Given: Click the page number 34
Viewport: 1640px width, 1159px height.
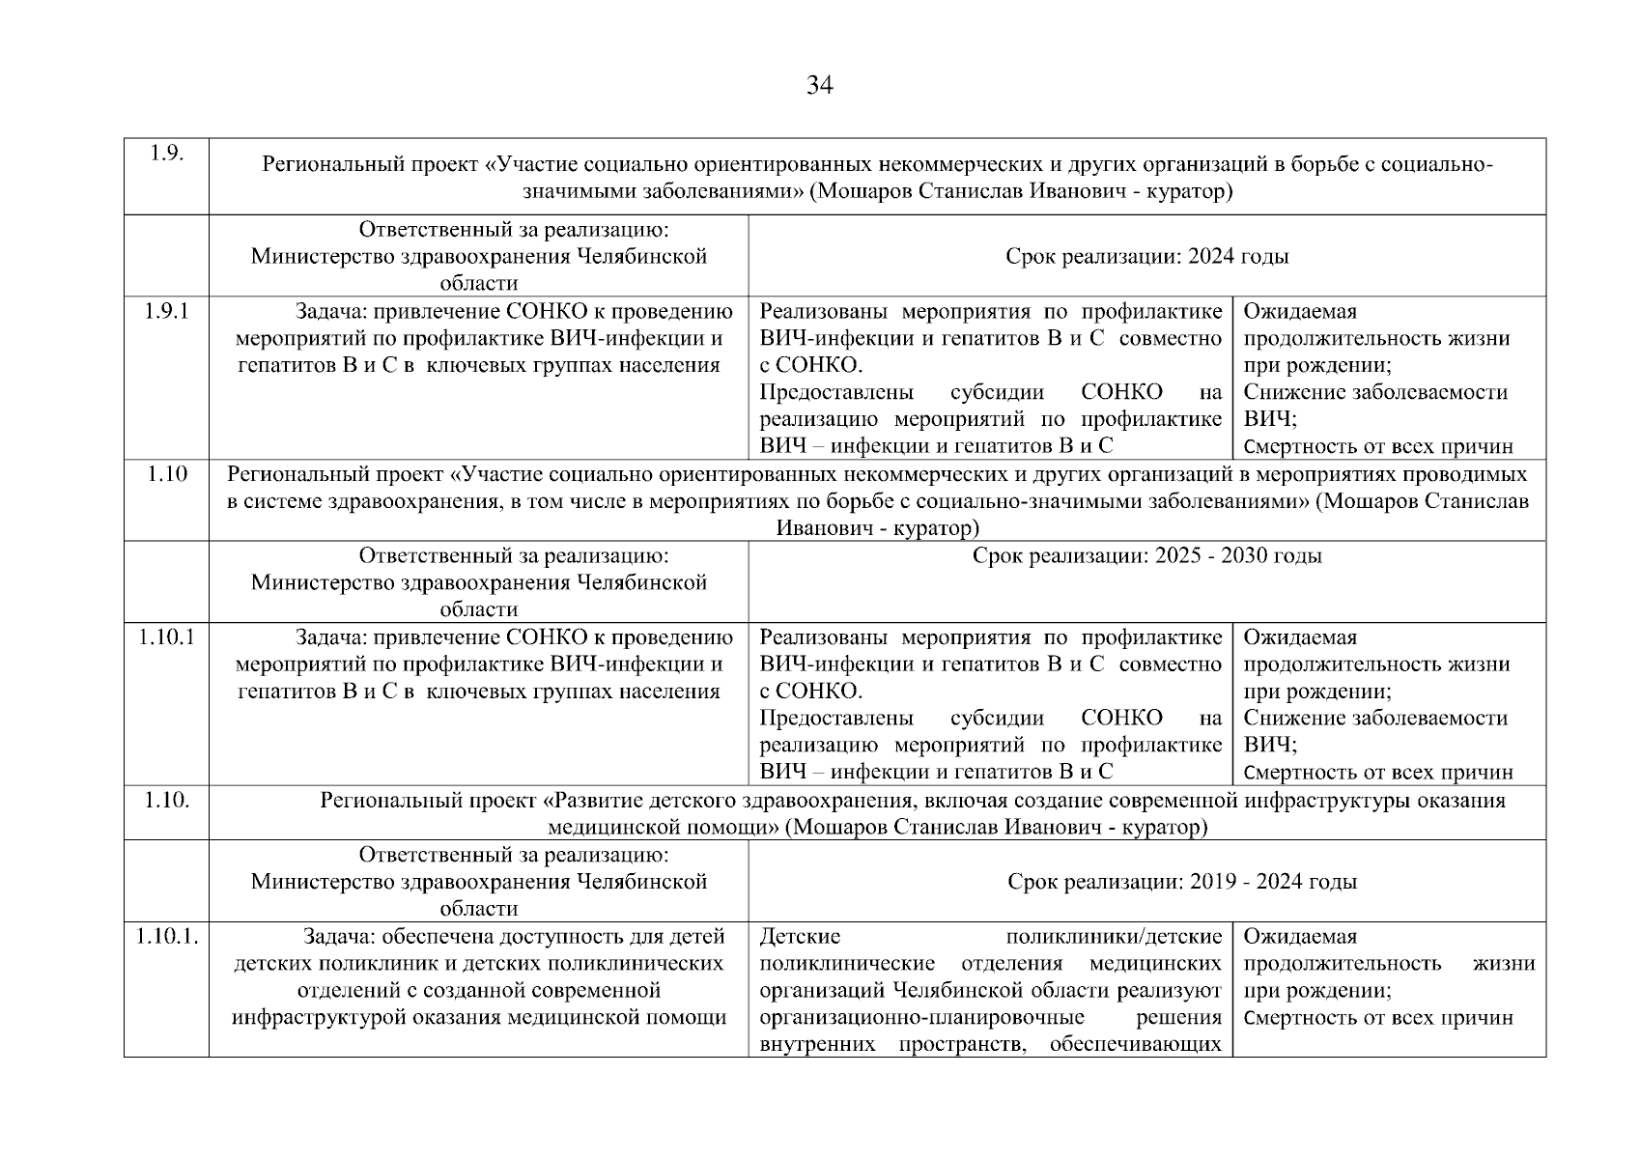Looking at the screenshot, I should coord(819,86).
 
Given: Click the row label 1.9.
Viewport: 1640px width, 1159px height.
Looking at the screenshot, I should coord(167,155).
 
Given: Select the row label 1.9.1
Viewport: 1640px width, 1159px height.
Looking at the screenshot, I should coord(166,311).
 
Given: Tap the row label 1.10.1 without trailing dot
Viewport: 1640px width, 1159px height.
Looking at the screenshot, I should coord(166,637).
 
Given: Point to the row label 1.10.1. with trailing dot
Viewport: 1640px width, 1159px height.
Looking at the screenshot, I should coord(167,936).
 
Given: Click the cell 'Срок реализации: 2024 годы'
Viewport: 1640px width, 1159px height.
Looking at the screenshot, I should coord(1146,256).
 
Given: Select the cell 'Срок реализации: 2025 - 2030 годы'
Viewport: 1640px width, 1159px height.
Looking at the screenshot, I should coord(1146,555).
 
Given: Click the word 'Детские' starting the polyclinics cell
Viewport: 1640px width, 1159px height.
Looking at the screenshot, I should coord(800,936).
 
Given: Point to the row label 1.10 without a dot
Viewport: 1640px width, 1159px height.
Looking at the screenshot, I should coord(166,473).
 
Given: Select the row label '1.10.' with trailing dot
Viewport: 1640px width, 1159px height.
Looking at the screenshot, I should coord(166,801).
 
